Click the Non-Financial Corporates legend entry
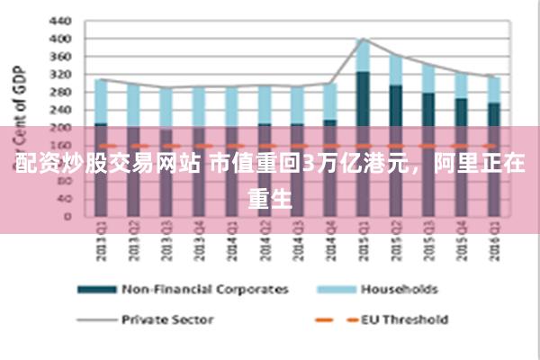pyautogui.click(x=205, y=290)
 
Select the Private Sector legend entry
pyautogui.click(x=167, y=319)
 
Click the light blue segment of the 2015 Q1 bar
pyautogui.click(x=363, y=56)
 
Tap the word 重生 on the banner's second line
pyautogui.click(x=270, y=195)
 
